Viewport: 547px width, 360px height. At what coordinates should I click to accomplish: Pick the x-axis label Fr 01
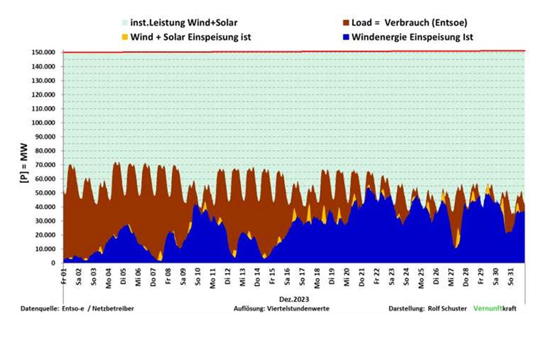tap(64, 276)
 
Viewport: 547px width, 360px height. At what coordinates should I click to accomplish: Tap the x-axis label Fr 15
tap(273, 276)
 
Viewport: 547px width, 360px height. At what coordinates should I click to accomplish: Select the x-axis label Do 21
tap(362, 277)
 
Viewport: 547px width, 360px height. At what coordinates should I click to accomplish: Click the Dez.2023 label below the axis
tap(294, 300)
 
